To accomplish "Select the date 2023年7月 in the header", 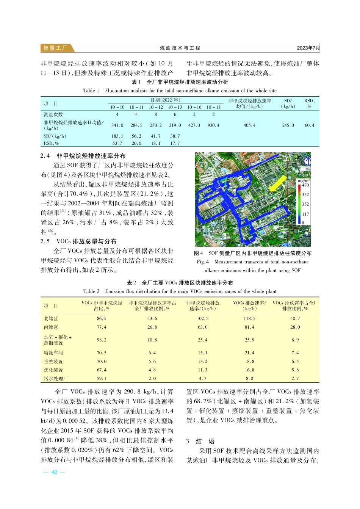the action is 308,48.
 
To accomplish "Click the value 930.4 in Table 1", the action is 213,125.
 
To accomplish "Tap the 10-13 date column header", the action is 175,107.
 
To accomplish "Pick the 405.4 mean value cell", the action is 249,125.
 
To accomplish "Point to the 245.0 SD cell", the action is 288,125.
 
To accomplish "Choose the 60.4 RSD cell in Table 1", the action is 309,125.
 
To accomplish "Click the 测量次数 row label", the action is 53,114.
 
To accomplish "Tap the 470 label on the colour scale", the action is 305,185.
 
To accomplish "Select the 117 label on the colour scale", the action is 305,214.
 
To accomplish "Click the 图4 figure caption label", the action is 199,253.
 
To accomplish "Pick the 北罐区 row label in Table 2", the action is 51,319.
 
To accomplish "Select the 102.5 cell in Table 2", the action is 203,319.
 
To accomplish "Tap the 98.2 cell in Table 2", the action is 102,340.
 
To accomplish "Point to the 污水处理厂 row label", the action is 56,379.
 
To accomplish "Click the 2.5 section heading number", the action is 45,241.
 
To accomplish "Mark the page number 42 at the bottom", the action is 54,472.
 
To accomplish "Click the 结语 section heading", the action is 205,442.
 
